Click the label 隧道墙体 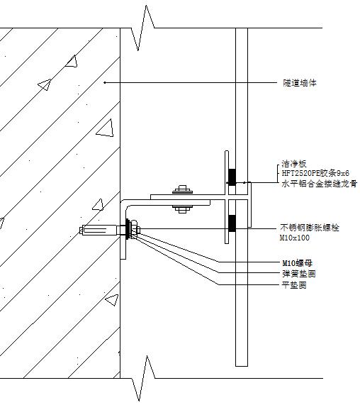tap(299, 83)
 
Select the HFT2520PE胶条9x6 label tap(315, 173)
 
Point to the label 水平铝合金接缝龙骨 tap(320, 184)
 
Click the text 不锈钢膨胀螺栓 tap(310, 228)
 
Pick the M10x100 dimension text tap(295, 238)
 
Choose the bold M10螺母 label tap(298, 263)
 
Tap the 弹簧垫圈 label tap(299, 274)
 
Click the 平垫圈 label tap(294, 285)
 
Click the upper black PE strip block tap(232, 177)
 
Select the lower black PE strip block tap(232, 223)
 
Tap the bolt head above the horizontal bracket tap(182, 189)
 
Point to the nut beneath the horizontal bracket tap(182, 209)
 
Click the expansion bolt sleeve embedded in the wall tap(98, 230)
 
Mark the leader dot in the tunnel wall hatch tap(104, 83)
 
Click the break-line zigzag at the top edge tap(142, 28)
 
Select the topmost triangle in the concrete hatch tap(72, 62)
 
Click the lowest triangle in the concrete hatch tap(113, 299)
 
